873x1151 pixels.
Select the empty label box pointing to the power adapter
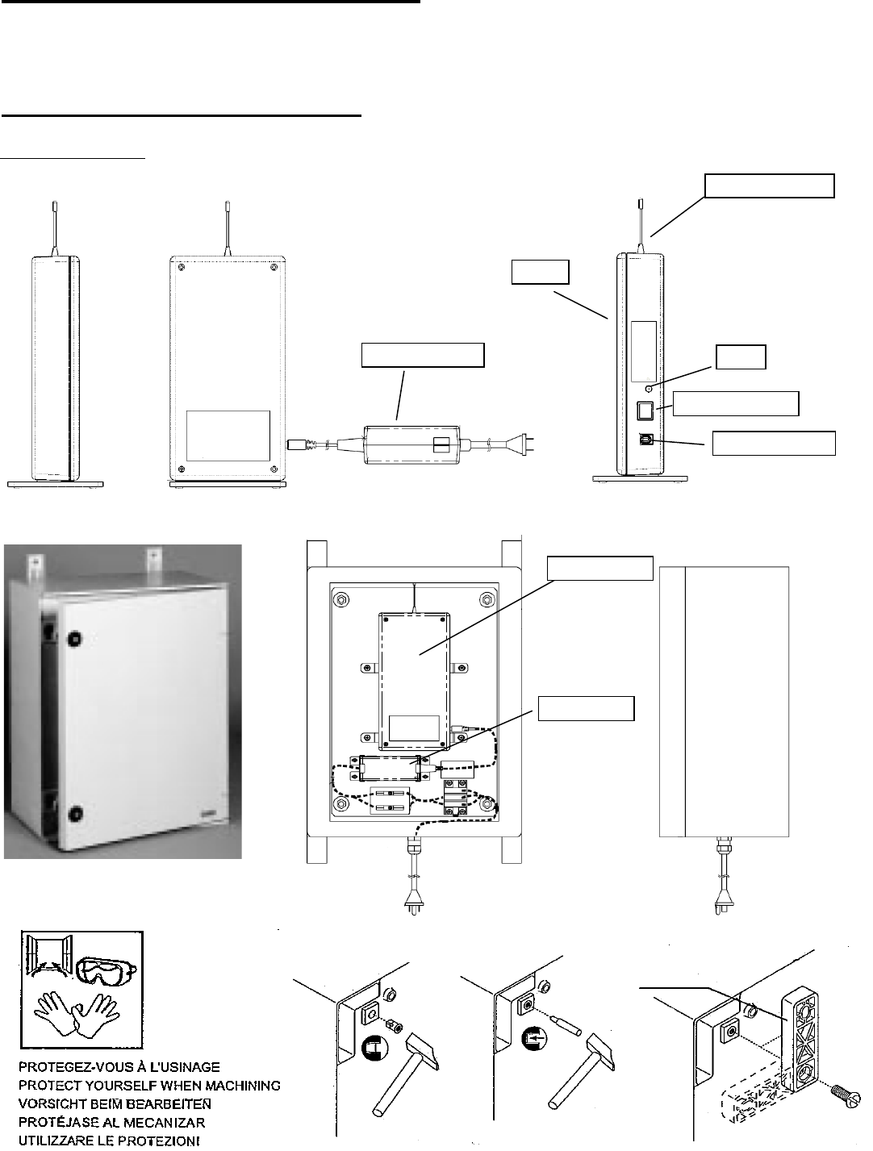coord(423,355)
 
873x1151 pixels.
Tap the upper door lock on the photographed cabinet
coord(74,639)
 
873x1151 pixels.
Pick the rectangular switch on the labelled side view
coord(646,411)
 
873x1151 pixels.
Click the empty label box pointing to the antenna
coord(769,185)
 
